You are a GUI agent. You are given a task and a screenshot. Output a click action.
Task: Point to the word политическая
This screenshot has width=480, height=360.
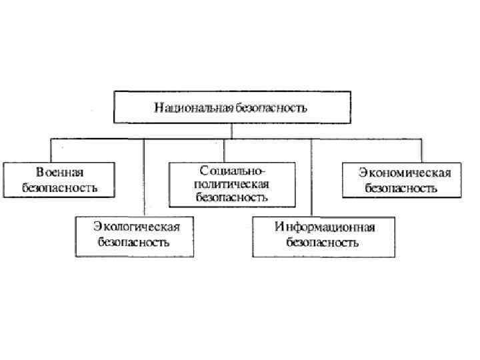pyautogui.click(x=231, y=184)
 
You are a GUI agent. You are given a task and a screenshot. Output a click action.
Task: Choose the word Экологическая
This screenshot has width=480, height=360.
pyautogui.click(x=136, y=227)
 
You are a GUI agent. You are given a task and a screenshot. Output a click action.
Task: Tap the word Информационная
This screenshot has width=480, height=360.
pyautogui.click(x=325, y=227)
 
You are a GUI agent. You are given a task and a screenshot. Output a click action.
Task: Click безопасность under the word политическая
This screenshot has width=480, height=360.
pyautogui.click(x=231, y=197)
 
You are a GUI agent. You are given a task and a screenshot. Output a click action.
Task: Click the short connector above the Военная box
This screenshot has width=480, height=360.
pyautogui.click(x=51, y=150)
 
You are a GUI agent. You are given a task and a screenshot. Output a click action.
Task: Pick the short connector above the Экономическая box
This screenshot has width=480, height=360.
pyautogui.click(x=421, y=150)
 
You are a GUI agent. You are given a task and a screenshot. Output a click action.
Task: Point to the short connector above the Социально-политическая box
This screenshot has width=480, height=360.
pyautogui.click(x=225, y=151)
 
